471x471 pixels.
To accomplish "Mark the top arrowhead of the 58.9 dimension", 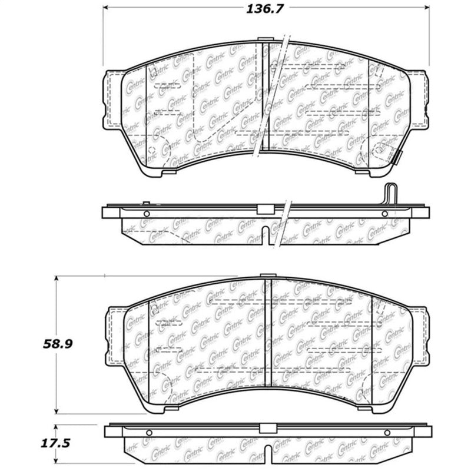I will click(x=57, y=278).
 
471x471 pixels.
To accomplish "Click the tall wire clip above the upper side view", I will click(x=390, y=194).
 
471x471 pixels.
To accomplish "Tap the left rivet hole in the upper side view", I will click(x=147, y=214).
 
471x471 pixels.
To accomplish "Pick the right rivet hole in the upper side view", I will click(x=384, y=214).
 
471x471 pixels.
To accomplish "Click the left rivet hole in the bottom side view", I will click(x=148, y=433).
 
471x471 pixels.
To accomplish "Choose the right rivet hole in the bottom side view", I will click(x=386, y=433).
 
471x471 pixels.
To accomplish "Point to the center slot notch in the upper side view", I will click(x=267, y=235).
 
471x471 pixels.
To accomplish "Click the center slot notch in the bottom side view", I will click(x=268, y=453).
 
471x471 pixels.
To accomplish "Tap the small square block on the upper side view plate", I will click(x=263, y=208).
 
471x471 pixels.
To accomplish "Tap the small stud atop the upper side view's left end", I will click(x=145, y=204).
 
